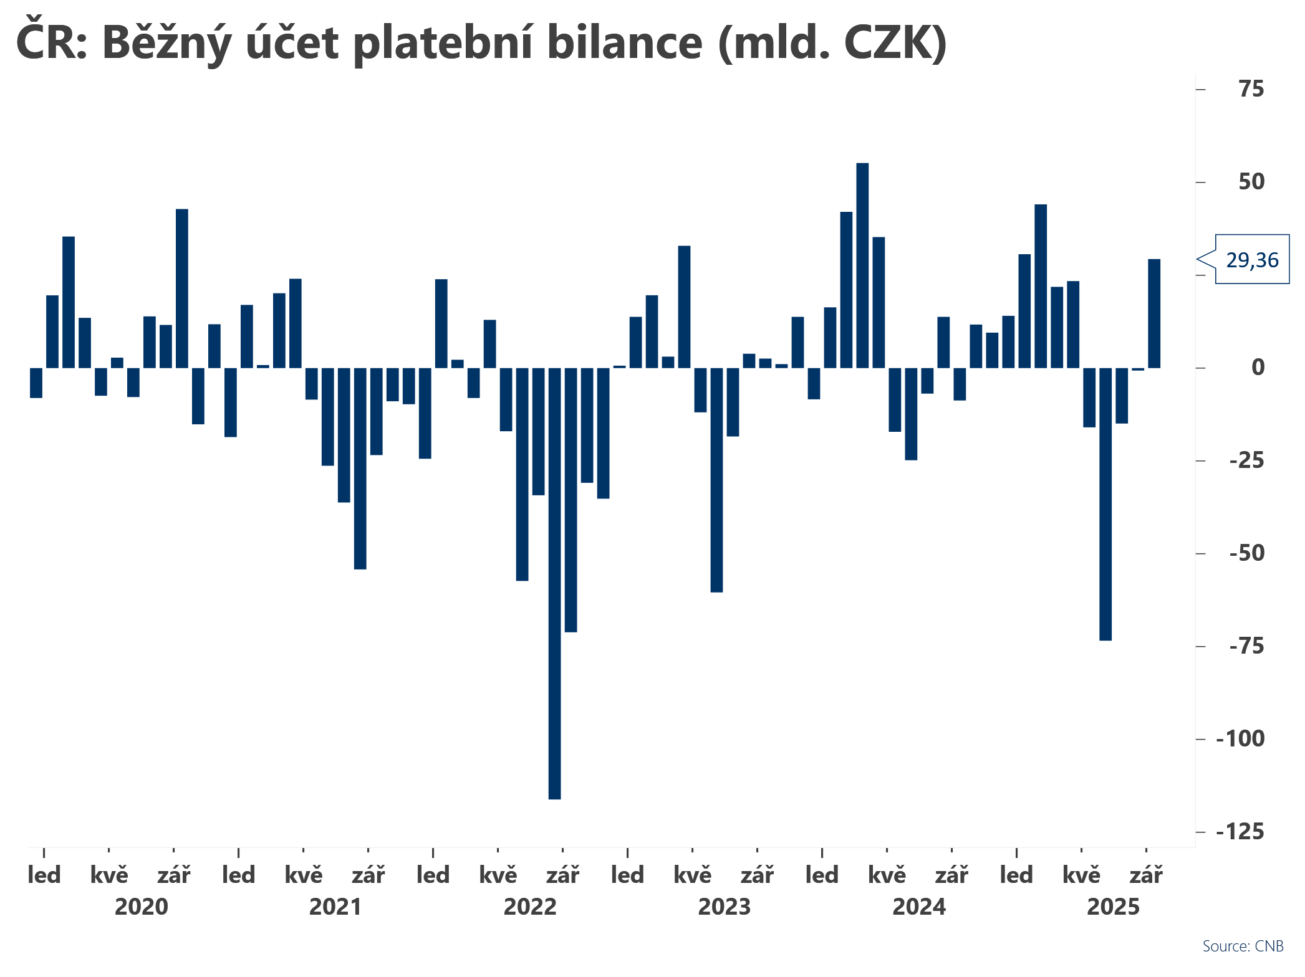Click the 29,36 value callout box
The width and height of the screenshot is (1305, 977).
point(1251,260)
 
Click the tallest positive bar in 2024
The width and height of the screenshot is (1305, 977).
point(862,265)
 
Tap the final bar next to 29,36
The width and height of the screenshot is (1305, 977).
point(1154,313)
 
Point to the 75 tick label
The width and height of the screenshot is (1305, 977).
point(1251,90)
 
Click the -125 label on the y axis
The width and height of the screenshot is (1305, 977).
point(1240,832)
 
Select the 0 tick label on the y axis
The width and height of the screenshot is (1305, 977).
point(1258,368)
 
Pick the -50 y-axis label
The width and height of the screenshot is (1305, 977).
point(1246,553)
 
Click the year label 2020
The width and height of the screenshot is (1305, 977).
point(142,907)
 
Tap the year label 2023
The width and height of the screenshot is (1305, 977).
point(725,907)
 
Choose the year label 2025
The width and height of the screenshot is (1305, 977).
point(1113,907)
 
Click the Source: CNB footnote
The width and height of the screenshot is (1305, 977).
point(1243,946)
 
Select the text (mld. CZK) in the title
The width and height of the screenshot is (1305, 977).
point(833,44)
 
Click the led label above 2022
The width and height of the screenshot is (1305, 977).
point(433,875)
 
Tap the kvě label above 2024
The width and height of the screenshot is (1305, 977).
point(887,875)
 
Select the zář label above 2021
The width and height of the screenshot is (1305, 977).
point(368,875)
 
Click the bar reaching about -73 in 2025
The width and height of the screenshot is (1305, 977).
point(1105,503)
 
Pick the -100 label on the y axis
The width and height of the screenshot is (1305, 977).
point(1240,739)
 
